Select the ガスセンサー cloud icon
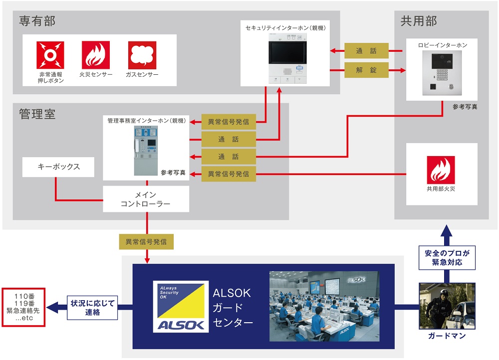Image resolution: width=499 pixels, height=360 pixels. coord(142,55)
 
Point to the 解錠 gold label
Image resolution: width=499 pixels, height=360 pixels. coord(366,70)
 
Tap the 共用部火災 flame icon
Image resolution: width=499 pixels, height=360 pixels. coord(441,170)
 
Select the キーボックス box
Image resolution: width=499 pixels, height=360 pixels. coord(58,167)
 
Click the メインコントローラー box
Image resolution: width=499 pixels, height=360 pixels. coord(146,199)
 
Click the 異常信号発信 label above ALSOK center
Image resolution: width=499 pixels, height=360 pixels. coord(146,242)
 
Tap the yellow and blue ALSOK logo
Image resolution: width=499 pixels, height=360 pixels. coord(181,306)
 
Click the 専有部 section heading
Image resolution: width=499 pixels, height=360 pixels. coord(37,21)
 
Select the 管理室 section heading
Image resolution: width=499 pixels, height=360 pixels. coord(37,114)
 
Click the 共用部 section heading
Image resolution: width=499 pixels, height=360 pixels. coord(419,21)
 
